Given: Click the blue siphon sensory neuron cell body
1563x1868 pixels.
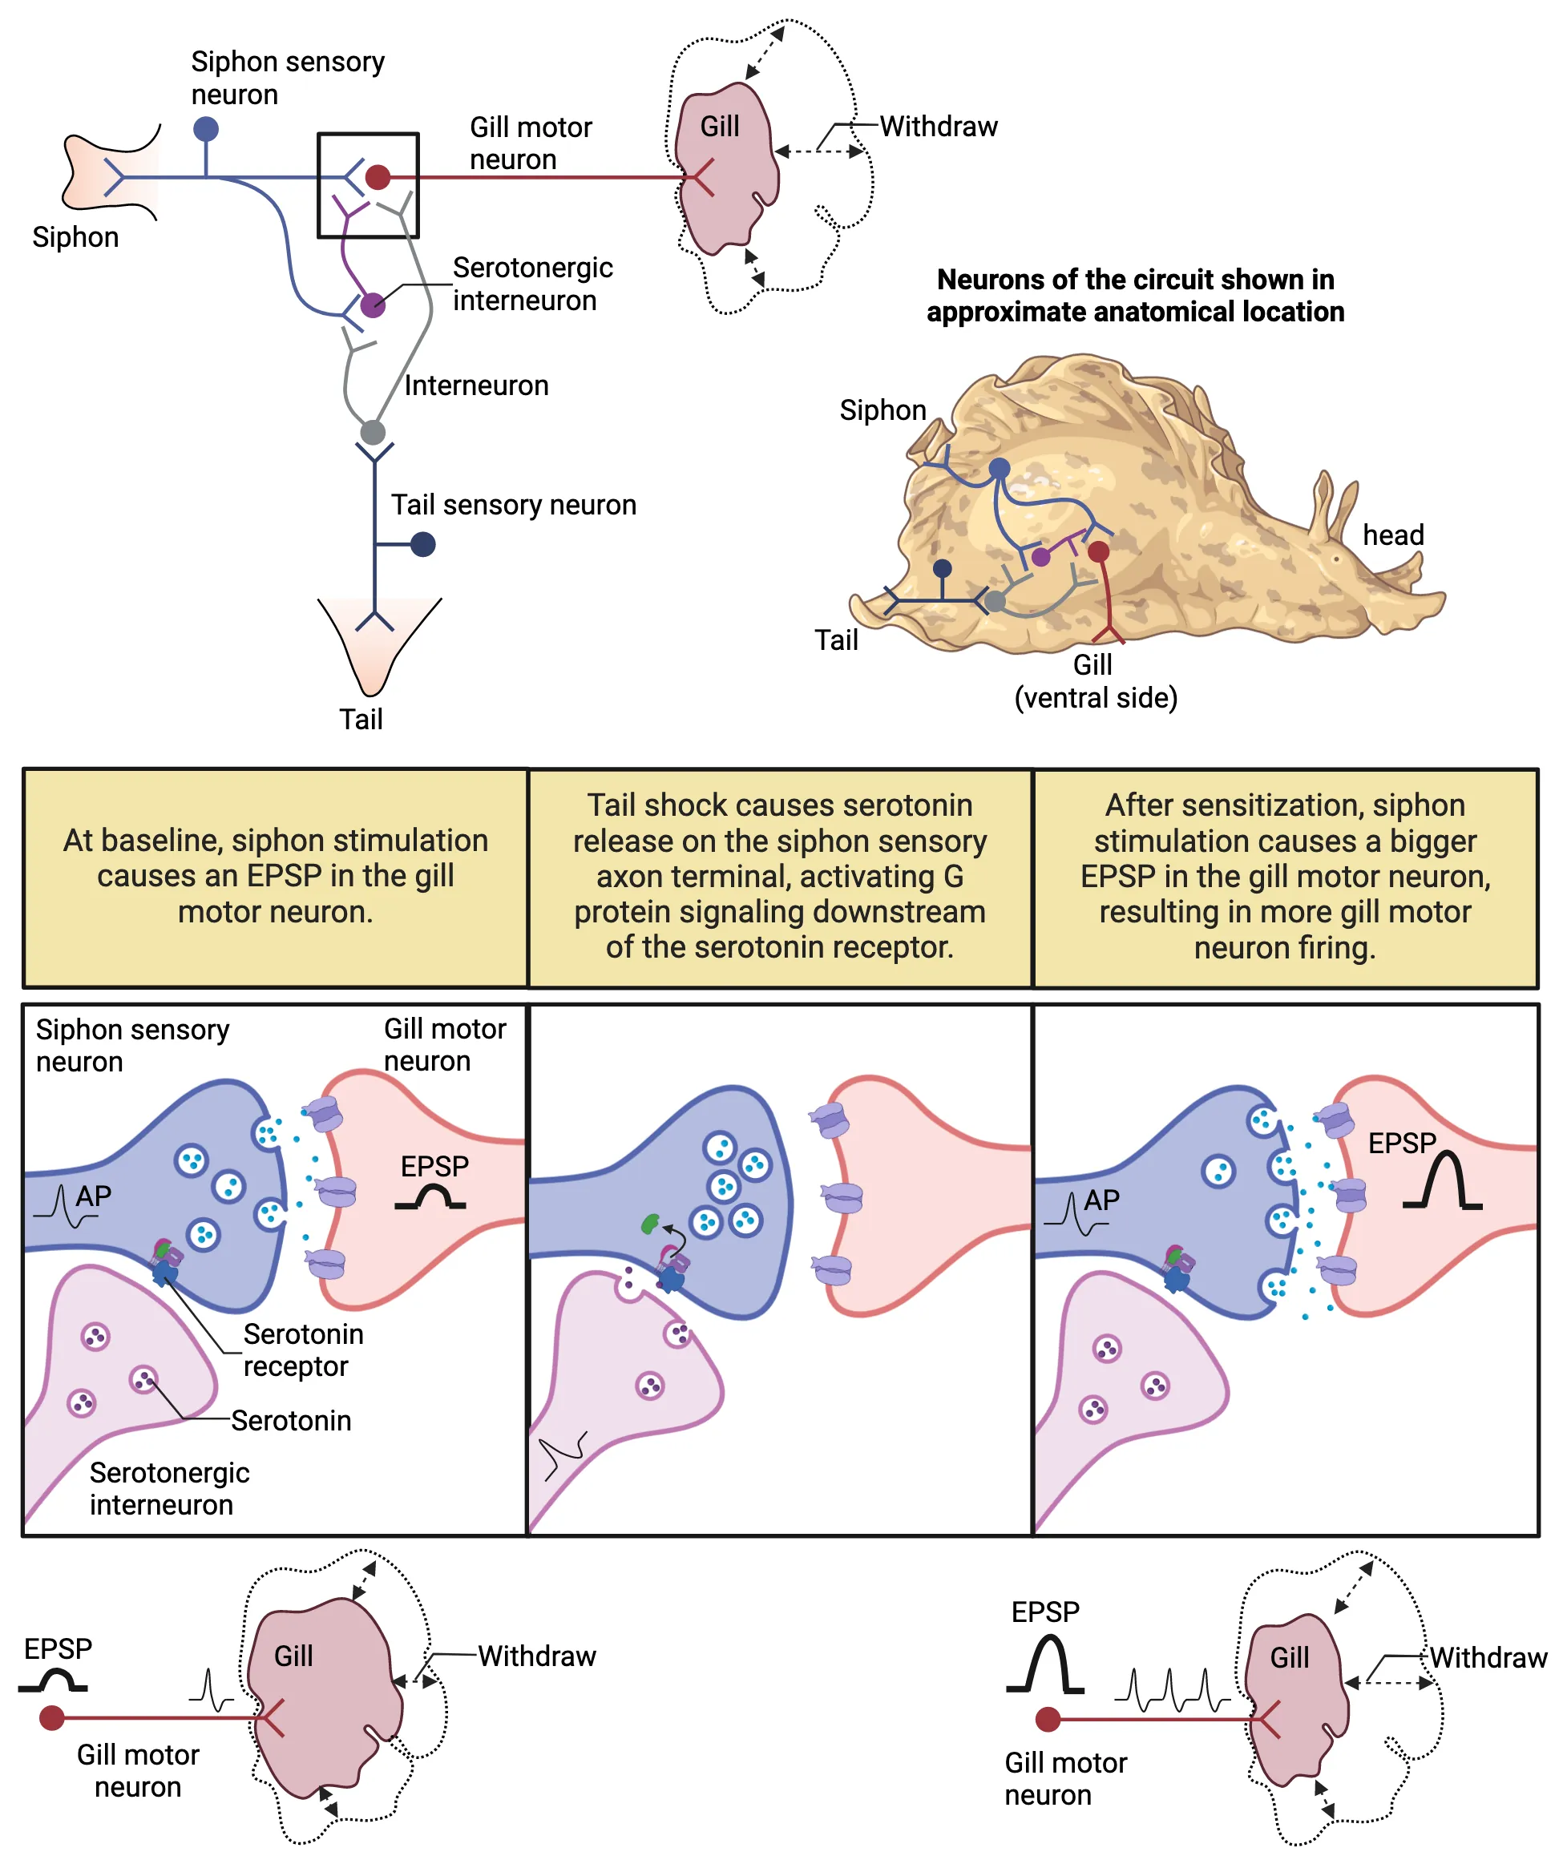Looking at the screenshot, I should click(205, 129).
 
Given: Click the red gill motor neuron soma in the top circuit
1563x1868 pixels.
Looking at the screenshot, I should click(378, 177).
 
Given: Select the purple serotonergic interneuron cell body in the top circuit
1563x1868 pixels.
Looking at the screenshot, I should click(373, 305).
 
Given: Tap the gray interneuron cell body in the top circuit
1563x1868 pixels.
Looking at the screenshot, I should click(373, 434).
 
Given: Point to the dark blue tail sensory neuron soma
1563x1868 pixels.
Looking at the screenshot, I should click(423, 544).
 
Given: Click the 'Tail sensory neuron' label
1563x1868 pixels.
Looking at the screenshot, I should click(513, 505).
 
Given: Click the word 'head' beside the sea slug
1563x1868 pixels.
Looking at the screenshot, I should click(1393, 535).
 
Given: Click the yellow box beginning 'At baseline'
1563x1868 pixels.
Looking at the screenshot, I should click(275, 877).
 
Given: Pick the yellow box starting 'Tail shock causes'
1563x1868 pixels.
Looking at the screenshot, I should click(779, 877).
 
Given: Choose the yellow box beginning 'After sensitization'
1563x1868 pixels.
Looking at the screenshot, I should click(1285, 877).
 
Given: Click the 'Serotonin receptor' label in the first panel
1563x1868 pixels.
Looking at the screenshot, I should click(302, 1350).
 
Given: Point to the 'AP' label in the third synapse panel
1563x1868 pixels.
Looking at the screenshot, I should click(1101, 1200).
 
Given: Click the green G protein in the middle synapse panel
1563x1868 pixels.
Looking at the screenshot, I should click(650, 1224).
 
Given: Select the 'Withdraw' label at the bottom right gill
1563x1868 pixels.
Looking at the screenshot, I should click(1488, 1658).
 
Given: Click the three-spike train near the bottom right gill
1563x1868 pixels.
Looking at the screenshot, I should click(1172, 1691).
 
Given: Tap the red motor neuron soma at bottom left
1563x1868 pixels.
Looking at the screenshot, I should click(51, 1717).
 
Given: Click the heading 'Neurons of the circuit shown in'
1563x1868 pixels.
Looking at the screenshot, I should click(1135, 280).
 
